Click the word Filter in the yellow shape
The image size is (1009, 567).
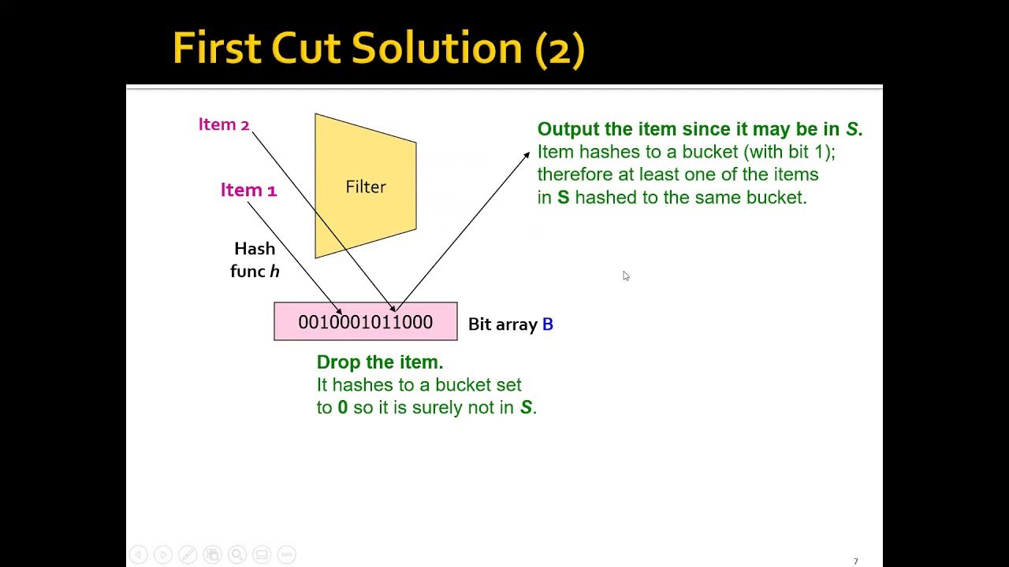coord(366,187)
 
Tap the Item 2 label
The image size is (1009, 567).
coord(224,124)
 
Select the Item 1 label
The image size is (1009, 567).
coord(248,190)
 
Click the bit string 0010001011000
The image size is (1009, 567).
coord(365,322)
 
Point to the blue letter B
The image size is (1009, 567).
coord(548,324)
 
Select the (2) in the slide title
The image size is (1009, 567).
coord(560,50)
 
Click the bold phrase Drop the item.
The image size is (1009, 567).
coord(380,362)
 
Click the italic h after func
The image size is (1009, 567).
coord(275,271)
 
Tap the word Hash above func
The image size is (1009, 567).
coord(255,249)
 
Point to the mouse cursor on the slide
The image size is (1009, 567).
coord(625,275)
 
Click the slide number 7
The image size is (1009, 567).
coord(855,561)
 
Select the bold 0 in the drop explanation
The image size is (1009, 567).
coord(342,408)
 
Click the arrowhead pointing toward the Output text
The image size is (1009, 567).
coord(527,155)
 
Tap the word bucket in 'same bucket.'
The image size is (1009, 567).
coord(779,197)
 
